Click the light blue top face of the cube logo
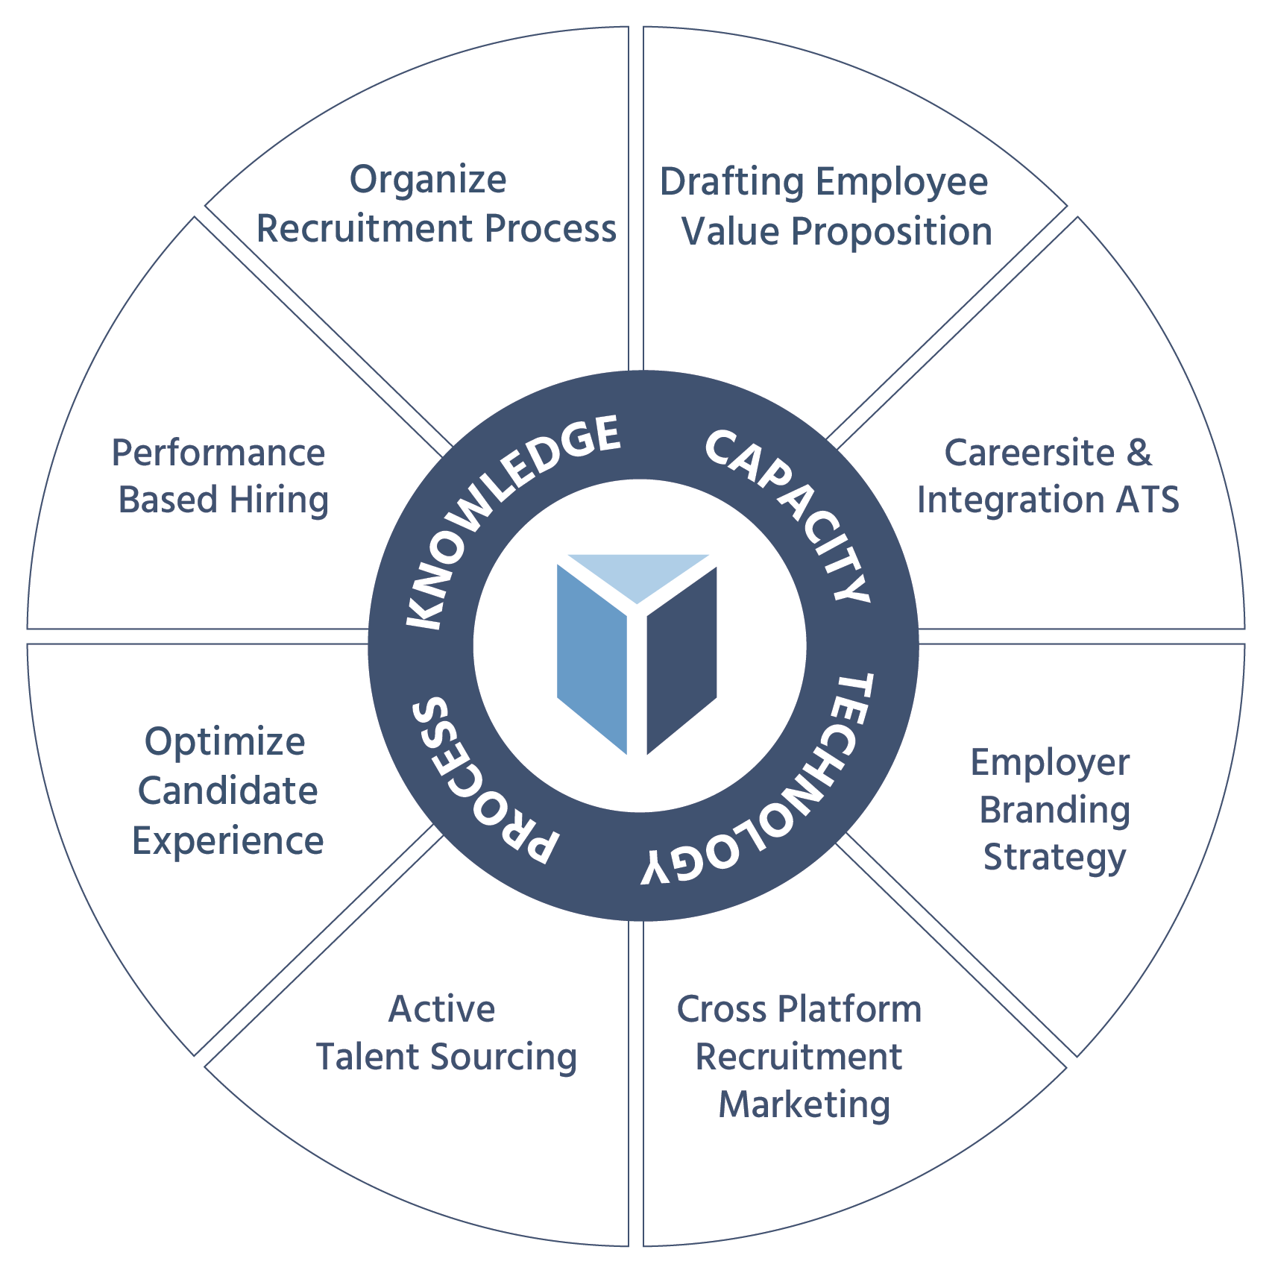637,573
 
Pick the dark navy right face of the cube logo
681,660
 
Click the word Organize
428,181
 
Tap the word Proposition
892,233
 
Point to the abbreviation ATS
1147,500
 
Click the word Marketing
804,1104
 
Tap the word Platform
849,1009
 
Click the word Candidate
227,791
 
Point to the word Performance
218,453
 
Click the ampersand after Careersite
1139,453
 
